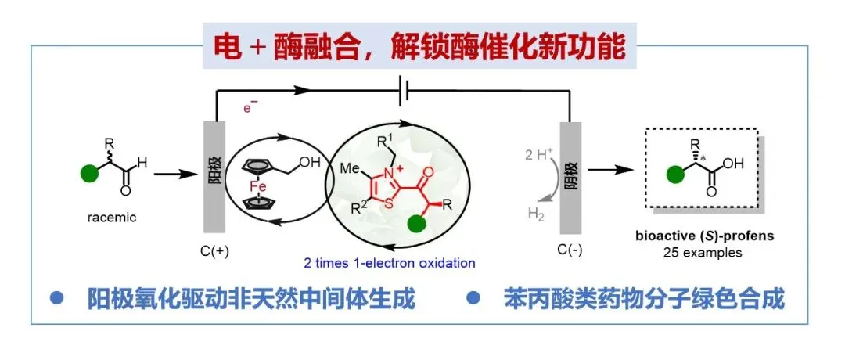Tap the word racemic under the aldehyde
[x=110, y=218]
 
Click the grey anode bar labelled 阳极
[x=214, y=176]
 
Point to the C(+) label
[x=214, y=253]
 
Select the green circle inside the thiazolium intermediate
[x=418, y=224]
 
